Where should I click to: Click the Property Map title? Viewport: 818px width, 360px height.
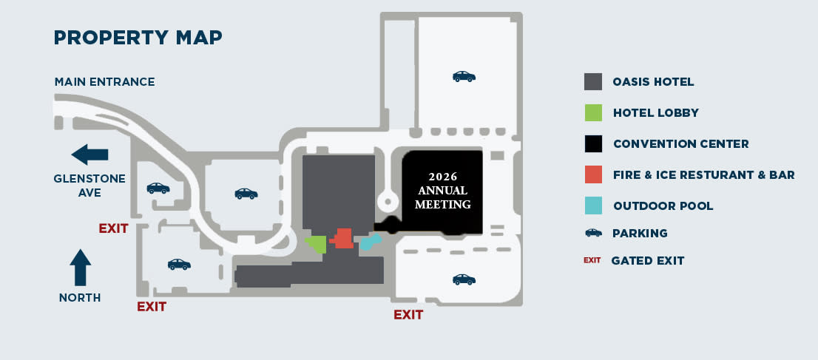(x=138, y=37)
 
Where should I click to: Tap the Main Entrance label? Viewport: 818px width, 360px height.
(x=104, y=81)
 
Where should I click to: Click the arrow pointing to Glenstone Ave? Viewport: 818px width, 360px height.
(x=90, y=154)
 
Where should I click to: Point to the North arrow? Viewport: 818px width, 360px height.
(x=80, y=267)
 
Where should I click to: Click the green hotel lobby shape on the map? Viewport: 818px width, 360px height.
(x=317, y=244)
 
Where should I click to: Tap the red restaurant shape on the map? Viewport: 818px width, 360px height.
(x=343, y=238)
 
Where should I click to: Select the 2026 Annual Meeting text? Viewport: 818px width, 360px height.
(x=443, y=191)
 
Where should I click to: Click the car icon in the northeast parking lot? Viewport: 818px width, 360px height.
(x=464, y=76)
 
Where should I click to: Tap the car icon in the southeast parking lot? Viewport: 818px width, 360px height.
(x=464, y=279)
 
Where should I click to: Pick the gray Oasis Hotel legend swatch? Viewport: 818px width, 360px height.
(x=593, y=82)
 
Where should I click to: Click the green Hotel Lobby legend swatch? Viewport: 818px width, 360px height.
(x=593, y=113)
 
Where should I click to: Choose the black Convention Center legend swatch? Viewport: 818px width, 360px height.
(x=593, y=143)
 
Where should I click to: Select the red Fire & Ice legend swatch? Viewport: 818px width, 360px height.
(x=593, y=174)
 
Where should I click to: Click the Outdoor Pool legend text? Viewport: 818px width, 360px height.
(x=663, y=206)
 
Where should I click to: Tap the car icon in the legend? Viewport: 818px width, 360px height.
(x=593, y=233)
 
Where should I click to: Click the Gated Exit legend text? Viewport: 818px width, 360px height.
(x=648, y=260)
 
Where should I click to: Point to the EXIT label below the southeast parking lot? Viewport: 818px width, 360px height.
(x=408, y=315)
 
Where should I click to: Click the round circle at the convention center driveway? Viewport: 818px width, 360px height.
(x=385, y=200)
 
